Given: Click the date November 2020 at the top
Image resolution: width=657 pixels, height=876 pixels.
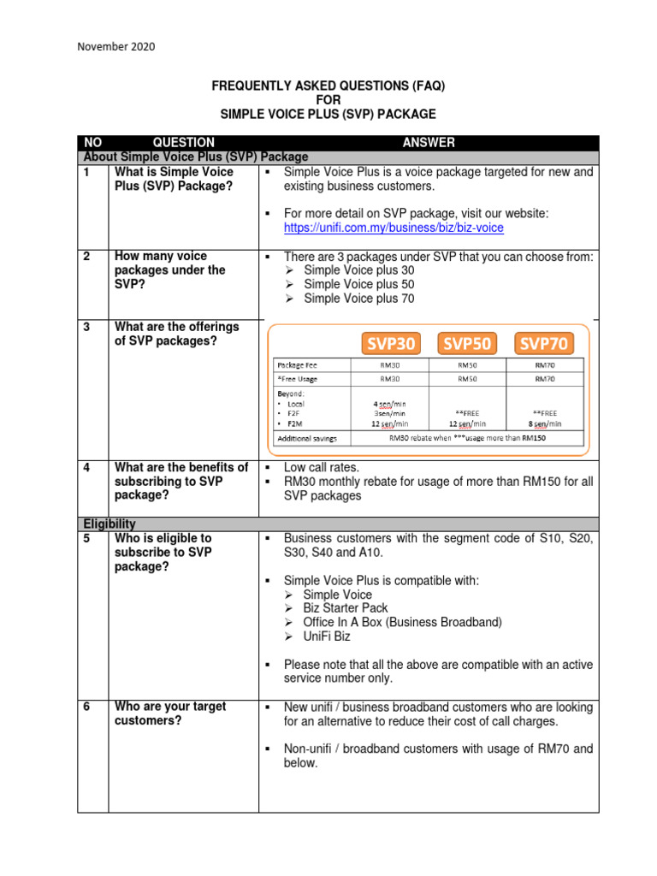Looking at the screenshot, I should click(116, 47).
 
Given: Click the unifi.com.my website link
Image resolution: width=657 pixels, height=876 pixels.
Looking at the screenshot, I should click(394, 228).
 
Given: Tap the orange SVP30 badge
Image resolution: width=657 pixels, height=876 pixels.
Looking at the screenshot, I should click(392, 343).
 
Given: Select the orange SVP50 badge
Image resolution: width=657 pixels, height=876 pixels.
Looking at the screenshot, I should click(466, 343).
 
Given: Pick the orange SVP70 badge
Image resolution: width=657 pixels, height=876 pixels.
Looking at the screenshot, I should click(542, 343).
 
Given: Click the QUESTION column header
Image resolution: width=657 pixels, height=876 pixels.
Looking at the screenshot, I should click(183, 143).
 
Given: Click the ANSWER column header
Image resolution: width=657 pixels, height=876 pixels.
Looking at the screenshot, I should click(429, 143).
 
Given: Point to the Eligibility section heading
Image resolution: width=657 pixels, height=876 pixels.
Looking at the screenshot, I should click(109, 524).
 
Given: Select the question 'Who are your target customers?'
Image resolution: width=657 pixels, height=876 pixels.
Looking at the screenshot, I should click(169, 713).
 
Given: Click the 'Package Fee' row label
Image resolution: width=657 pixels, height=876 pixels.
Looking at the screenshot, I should click(297, 364).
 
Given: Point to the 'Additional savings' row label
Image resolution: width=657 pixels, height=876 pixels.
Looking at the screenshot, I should click(306, 438).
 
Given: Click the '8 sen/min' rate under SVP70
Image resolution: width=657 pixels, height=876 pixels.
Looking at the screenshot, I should click(544, 423).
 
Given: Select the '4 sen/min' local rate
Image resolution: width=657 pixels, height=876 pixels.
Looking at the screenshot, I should click(390, 402).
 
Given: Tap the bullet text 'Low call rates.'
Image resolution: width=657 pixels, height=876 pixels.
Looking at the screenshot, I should click(322, 467).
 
